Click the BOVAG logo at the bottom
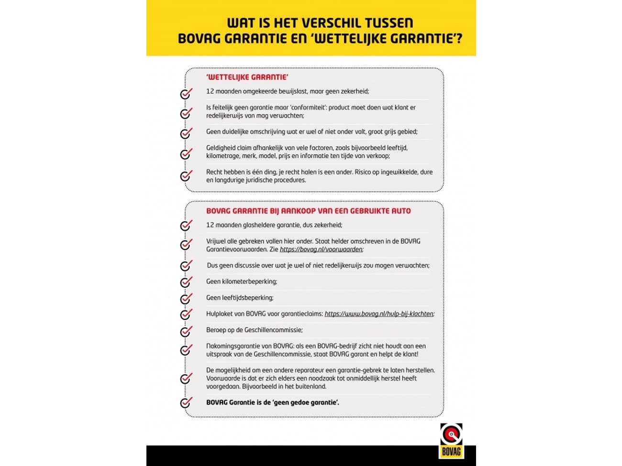(451, 440)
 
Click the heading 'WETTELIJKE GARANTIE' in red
(247, 77)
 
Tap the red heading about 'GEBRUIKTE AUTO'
(308, 211)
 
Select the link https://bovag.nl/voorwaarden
(321, 249)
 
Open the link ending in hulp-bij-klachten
(379, 314)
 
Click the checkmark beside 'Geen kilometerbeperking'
(186, 282)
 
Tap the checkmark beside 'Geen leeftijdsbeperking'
(186, 298)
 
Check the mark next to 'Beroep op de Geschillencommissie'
(186, 331)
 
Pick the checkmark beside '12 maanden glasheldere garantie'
(186, 225)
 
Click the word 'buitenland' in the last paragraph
(311, 386)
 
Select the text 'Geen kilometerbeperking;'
(242, 282)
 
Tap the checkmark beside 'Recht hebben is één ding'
(186, 175)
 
